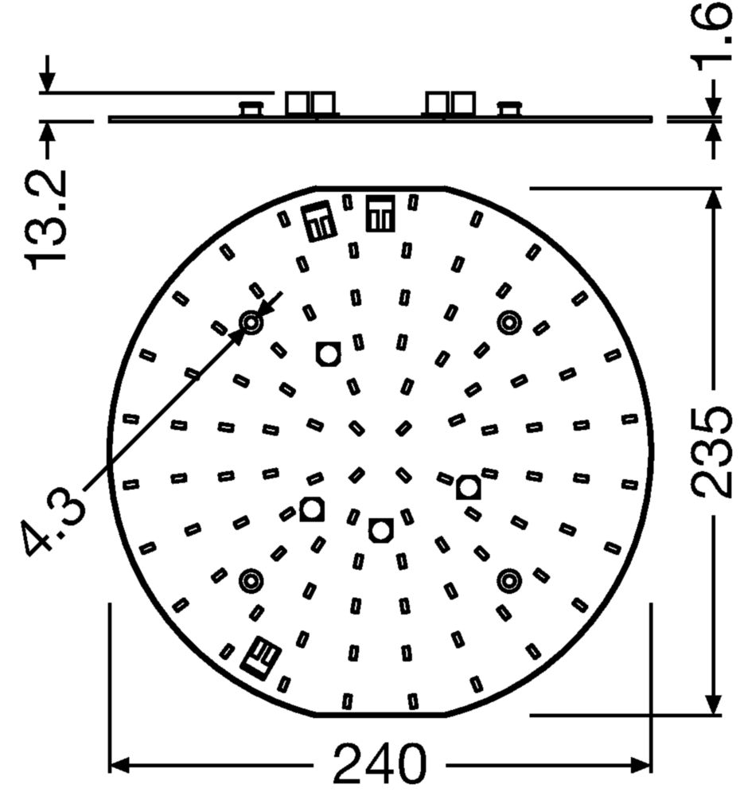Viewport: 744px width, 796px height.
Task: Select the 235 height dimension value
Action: [x=710, y=452]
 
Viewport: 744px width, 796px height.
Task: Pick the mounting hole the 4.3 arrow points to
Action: [x=252, y=322]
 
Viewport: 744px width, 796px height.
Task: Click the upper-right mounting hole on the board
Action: [x=508, y=322]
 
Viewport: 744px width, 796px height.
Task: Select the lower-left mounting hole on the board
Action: [x=252, y=581]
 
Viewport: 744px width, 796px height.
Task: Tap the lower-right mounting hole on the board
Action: [x=508, y=581]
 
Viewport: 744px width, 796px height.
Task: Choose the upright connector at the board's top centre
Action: [x=380, y=213]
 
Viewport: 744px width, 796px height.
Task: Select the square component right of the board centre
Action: [x=469, y=486]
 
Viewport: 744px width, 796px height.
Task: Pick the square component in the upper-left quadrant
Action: [x=327, y=353]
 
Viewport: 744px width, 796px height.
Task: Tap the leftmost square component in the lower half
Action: [x=312, y=509]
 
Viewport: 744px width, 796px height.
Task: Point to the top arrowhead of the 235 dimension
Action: [x=714, y=198]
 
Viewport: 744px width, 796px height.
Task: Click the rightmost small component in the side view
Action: [x=509, y=108]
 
